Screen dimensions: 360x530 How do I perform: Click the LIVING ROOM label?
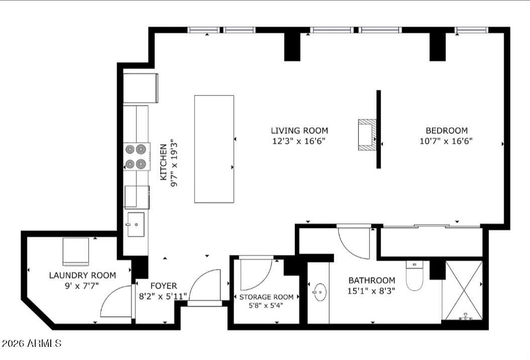pyautogui.click(x=299, y=131)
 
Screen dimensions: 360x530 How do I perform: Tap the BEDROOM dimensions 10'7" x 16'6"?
pyautogui.click(x=446, y=141)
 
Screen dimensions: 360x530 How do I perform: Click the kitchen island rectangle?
pyautogui.click(x=214, y=149)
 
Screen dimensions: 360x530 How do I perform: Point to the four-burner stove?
pyautogui.click(x=137, y=156)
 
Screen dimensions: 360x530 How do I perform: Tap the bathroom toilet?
pyautogui.click(x=414, y=278)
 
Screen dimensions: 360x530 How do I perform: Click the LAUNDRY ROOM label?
pyautogui.click(x=82, y=275)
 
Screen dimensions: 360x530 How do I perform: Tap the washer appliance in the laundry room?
pyautogui.click(x=75, y=252)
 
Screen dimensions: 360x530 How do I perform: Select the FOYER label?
pyautogui.click(x=164, y=286)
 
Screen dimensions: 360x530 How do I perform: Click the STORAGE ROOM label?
pyautogui.click(x=266, y=297)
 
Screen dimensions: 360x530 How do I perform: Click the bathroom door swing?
pyautogui.click(x=355, y=243)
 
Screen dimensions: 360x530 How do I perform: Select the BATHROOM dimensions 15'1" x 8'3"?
pyautogui.click(x=372, y=291)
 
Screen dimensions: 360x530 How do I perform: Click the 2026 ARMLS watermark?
pyautogui.click(x=31, y=343)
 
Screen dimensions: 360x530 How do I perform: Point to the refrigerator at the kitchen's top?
pyautogui.click(x=141, y=88)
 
